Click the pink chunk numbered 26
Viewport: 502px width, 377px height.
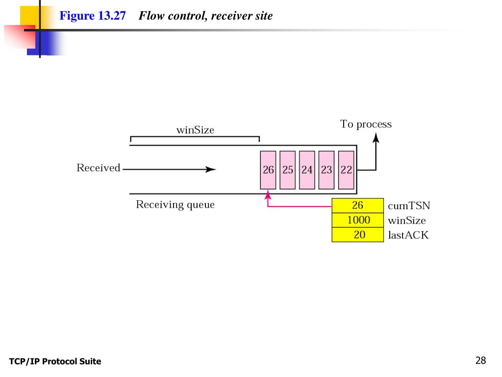coord(268,170)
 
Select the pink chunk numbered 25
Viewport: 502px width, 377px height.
coord(287,170)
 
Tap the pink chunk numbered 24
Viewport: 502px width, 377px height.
coord(307,170)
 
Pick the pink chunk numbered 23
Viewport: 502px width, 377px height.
coord(326,170)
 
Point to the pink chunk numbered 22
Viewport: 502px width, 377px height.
coord(346,170)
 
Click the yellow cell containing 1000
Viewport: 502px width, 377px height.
coord(357,220)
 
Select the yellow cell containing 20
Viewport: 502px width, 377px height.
coord(357,235)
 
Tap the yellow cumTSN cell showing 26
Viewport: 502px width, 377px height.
coord(357,206)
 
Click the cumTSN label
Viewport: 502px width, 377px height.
coord(409,206)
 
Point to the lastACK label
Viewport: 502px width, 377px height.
coord(408,235)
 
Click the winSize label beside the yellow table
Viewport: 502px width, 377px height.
coord(406,220)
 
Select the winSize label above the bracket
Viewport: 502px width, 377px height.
coord(195,130)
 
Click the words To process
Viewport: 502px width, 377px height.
coord(366,124)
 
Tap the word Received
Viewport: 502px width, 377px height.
coord(98,168)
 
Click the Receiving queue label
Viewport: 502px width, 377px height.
coord(175,205)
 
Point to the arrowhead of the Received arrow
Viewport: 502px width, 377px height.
coord(211,169)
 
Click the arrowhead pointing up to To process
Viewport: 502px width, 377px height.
coord(376,138)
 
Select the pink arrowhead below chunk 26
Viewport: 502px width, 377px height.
coord(268,194)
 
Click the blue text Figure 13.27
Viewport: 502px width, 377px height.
coord(93,16)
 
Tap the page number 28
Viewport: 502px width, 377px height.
coord(480,360)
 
